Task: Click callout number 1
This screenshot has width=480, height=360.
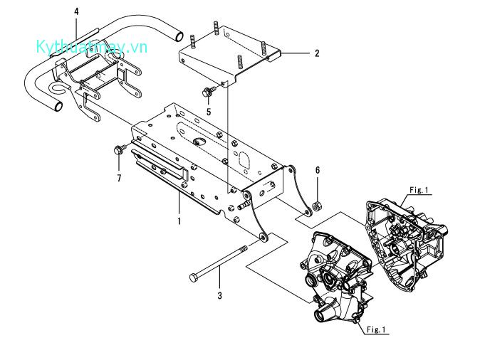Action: tap(179, 221)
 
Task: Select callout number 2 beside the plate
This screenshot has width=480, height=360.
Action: tap(317, 53)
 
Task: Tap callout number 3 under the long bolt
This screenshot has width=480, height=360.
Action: tap(219, 296)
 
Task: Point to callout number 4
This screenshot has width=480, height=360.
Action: tap(76, 11)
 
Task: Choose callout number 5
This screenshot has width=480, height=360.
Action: tap(209, 112)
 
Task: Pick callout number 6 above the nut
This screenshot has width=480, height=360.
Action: tap(318, 170)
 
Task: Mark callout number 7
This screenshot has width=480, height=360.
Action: tap(119, 178)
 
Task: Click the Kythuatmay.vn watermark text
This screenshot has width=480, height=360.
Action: tap(92, 47)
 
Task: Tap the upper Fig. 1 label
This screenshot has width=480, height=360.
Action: tap(419, 190)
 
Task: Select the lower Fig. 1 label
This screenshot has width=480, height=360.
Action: tap(376, 329)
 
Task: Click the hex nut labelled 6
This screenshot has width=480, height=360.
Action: tap(317, 205)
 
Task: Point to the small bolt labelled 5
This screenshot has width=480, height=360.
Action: tap(207, 91)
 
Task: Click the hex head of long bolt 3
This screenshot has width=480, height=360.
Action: tap(193, 277)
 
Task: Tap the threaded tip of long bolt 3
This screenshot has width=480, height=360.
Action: tap(244, 249)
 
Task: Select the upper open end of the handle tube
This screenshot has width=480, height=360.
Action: tap(179, 36)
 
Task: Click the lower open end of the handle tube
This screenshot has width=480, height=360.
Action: tap(58, 107)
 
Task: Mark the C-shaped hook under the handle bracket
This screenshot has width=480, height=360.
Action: tap(58, 88)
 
